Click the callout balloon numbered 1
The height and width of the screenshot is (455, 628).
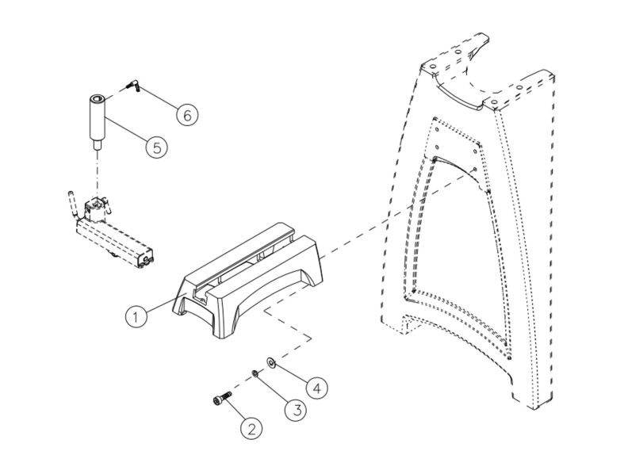136,316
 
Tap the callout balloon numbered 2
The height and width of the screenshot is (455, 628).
251,430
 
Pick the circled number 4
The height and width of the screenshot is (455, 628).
316,388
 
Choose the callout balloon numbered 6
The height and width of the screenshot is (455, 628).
186,114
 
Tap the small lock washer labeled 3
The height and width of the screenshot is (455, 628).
255,373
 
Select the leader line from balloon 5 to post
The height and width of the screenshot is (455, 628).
127,132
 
